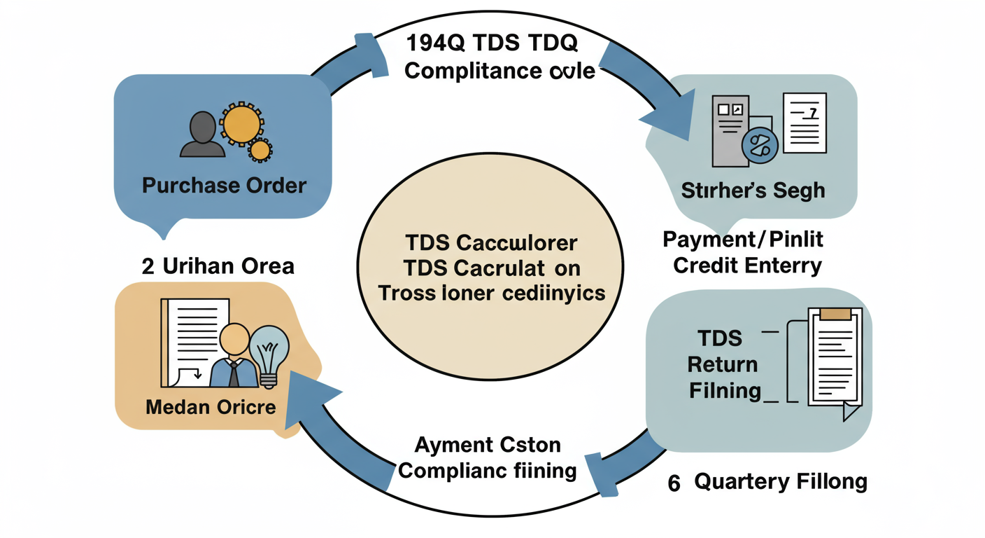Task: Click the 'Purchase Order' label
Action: tap(224, 186)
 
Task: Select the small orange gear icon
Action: tap(260, 149)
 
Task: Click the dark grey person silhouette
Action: tap(203, 134)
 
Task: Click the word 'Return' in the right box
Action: tap(723, 364)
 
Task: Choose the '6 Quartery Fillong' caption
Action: tap(767, 483)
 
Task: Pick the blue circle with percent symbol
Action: tap(759, 146)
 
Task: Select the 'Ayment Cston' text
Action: tap(488, 445)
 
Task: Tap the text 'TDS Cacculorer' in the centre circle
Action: tap(491, 243)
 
